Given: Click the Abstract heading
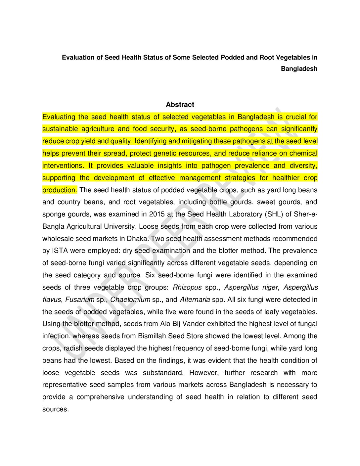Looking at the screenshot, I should [180, 105].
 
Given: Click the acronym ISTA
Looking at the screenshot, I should [60, 251].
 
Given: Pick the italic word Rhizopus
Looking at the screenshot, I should [187, 287].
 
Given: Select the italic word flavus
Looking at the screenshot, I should [52, 300].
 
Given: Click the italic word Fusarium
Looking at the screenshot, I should [80, 300].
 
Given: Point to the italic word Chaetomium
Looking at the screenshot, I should [130, 300].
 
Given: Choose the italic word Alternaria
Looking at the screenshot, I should [195, 300].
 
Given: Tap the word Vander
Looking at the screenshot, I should [195, 324].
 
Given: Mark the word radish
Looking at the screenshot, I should [73, 348].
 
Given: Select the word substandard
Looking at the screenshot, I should [163, 373].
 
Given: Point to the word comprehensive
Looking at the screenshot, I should [100, 397].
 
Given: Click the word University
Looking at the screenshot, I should [119, 226].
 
